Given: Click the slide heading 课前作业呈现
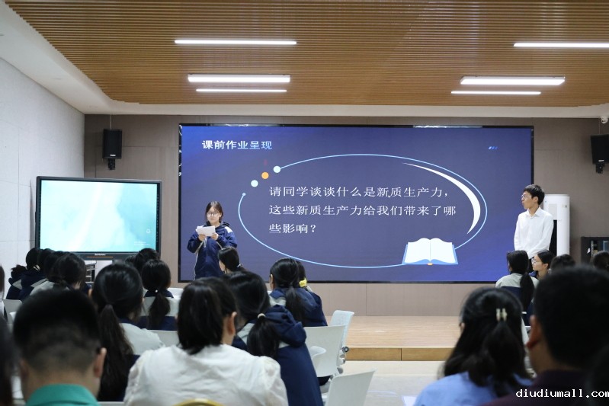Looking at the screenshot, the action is pyautogui.click(x=237, y=145).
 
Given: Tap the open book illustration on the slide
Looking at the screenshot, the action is pyautogui.click(x=430, y=252).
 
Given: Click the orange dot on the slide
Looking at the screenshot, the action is pyautogui.click(x=265, y=175).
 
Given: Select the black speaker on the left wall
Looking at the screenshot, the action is pyautogui.click(x=112, y=144).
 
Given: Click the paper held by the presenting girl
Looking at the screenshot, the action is pyautogui.click(x=206, y=231).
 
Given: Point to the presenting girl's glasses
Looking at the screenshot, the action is pyautogui.click(x=213, y=213).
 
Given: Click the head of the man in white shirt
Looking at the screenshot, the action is pyautogui.click(x=532, y=197).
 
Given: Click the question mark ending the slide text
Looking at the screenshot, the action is pyautogui.click(x=313, y=229).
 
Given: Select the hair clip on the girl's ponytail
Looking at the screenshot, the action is pyautogui.click(x=502, y=314).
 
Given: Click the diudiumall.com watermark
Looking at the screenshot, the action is pyautogui.click(x=562, y=394).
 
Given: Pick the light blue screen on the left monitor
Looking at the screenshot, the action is pyautogui.click(x=98, y=216).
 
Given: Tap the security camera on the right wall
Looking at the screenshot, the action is pyautogui.click(x=604, y=119).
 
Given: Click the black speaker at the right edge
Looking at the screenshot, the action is pyautogui.click(x=600, y=149).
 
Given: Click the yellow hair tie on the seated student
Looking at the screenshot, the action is pyautogui.click(x=303, y=283).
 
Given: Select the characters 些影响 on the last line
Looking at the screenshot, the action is pyautogui.click(x=287, y=229).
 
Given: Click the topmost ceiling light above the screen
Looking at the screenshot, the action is pyautogui.click(x=236, y=42).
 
